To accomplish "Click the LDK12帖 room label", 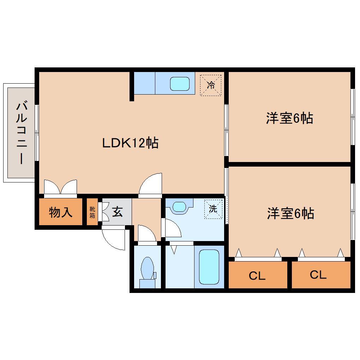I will point(130,143).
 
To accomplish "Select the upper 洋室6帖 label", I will point(289,118).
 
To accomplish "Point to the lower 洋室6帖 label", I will point(290,214).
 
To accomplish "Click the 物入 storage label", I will point(61,212).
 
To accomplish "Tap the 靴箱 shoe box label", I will point(92,212).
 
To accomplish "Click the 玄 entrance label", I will point(118,212).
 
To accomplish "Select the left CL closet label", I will point(257,276).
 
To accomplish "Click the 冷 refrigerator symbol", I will point(211,85).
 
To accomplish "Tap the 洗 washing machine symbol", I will point(213,209).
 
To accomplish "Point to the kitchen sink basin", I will point(180,84).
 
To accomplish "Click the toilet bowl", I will point(147,267).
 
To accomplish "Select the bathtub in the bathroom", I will point(209,266).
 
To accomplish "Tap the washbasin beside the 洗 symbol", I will point(179,206).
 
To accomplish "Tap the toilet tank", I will point(147,283).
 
